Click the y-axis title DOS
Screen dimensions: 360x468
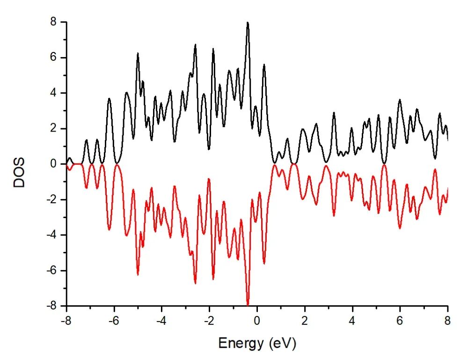pos(19,173)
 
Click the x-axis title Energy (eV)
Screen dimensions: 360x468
pos(257,344)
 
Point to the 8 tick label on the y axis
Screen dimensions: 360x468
pos(54,22)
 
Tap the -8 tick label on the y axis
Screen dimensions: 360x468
pos(51,306)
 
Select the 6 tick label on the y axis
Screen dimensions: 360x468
pos(54,58)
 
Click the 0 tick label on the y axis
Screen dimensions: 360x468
pos(54,164)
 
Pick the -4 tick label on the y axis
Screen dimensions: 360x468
pos(51,235)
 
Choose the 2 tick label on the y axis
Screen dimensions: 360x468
pos(54,129)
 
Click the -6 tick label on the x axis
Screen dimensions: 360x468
pos(113,322)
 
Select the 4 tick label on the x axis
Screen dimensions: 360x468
pos(352,322)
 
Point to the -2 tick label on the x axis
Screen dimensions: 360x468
pos(208,322)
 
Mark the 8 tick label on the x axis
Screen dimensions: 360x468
pos(448,322)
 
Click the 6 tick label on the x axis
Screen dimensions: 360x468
pos(400,322)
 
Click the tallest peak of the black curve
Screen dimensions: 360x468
pos(248,22)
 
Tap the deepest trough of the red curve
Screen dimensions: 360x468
pos(248,305)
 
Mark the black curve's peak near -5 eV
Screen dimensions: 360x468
pos(138,53)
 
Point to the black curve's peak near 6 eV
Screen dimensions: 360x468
pos(400,100)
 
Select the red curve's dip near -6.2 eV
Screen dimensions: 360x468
pos(109,229)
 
